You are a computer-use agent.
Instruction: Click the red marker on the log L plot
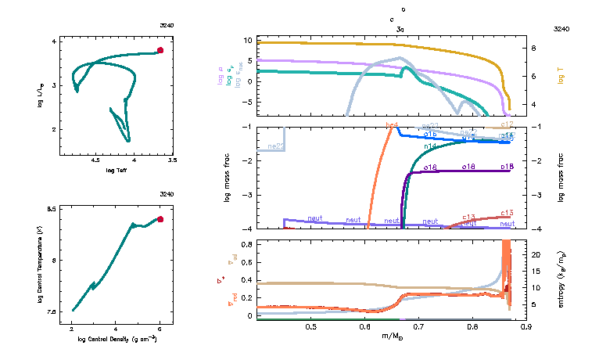[x=160, y=50]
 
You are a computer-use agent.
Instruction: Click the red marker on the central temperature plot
[x=160, y=219]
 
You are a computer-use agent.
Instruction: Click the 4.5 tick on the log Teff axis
[x=96, y=160]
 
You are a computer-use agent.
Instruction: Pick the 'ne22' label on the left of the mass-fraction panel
[x=275, y=146]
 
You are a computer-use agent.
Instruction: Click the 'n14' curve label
[x=430, y=146]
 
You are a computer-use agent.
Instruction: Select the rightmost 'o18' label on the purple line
[x=506, y=167]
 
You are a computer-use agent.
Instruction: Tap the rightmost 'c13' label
[x=506, y=213]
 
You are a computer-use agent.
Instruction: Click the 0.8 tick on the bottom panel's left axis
[x=246, y=244]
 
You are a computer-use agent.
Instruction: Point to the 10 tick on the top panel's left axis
[x=246, y=39]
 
